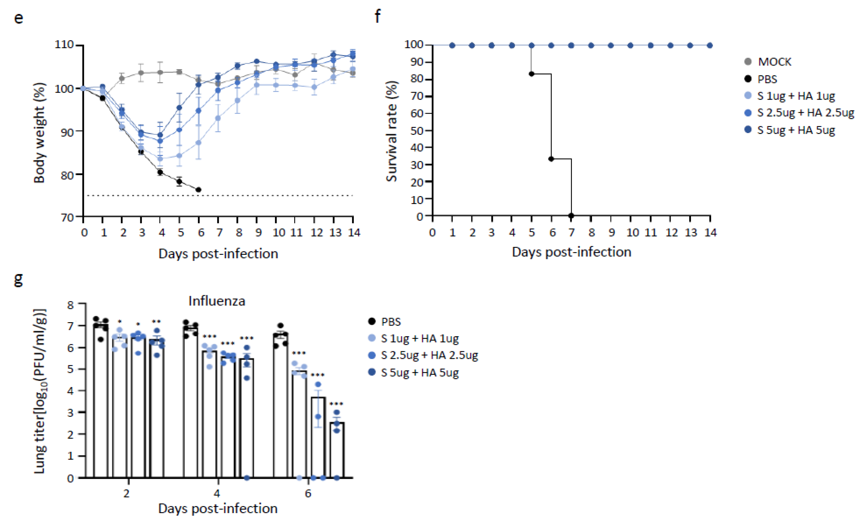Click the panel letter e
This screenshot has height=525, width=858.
coord(19,18)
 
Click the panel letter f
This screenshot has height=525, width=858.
coord(378,16)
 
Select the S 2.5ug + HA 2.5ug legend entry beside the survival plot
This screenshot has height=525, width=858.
coord(805,113)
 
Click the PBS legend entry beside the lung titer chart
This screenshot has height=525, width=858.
coord(390,322)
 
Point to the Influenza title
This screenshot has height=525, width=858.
coord(217,301)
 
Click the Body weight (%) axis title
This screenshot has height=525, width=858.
coord(39,132)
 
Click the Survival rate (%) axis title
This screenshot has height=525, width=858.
coord(392,131)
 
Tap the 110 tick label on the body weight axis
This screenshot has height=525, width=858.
coord(64,44)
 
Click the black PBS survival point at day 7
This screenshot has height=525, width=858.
coord(571,216)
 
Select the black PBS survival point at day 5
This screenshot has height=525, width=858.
coord(531,74)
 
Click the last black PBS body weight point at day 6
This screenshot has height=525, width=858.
coord(198,190)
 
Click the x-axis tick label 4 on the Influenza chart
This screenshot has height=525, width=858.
coord(217,493)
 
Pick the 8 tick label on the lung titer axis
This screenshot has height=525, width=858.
coord(71,305)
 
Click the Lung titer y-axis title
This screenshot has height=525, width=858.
coord(40,391)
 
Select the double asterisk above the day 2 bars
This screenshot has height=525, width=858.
coord(156,322)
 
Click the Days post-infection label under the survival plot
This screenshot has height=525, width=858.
coord(571,252)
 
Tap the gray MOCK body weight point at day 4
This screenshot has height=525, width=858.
coord(160,72)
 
